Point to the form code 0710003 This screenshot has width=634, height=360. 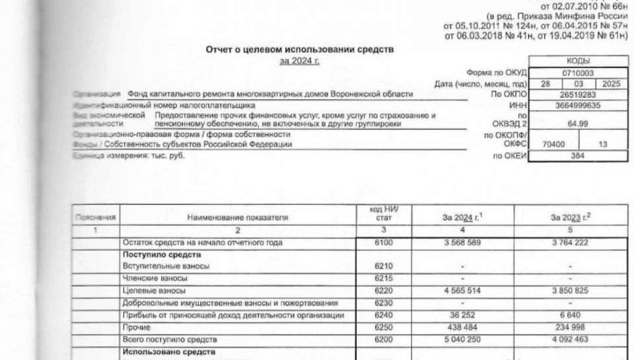pyautogui.click(x=578, y=72)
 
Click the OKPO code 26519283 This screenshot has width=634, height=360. pyautogui.click(x=578, y=94)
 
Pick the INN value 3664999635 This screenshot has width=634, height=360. pyautogui.click(x=578, y=104)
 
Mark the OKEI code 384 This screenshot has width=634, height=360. pyautogui.click(x=578, y=157)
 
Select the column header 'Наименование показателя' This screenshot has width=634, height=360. pyautogui.click(x=237, y=216)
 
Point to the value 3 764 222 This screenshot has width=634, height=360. pyautogui.click(x=569, y=243)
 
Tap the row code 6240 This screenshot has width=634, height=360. pyautogui.click(x=383, y=315)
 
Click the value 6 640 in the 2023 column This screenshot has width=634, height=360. pyautogui.click(x=569, y=315)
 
